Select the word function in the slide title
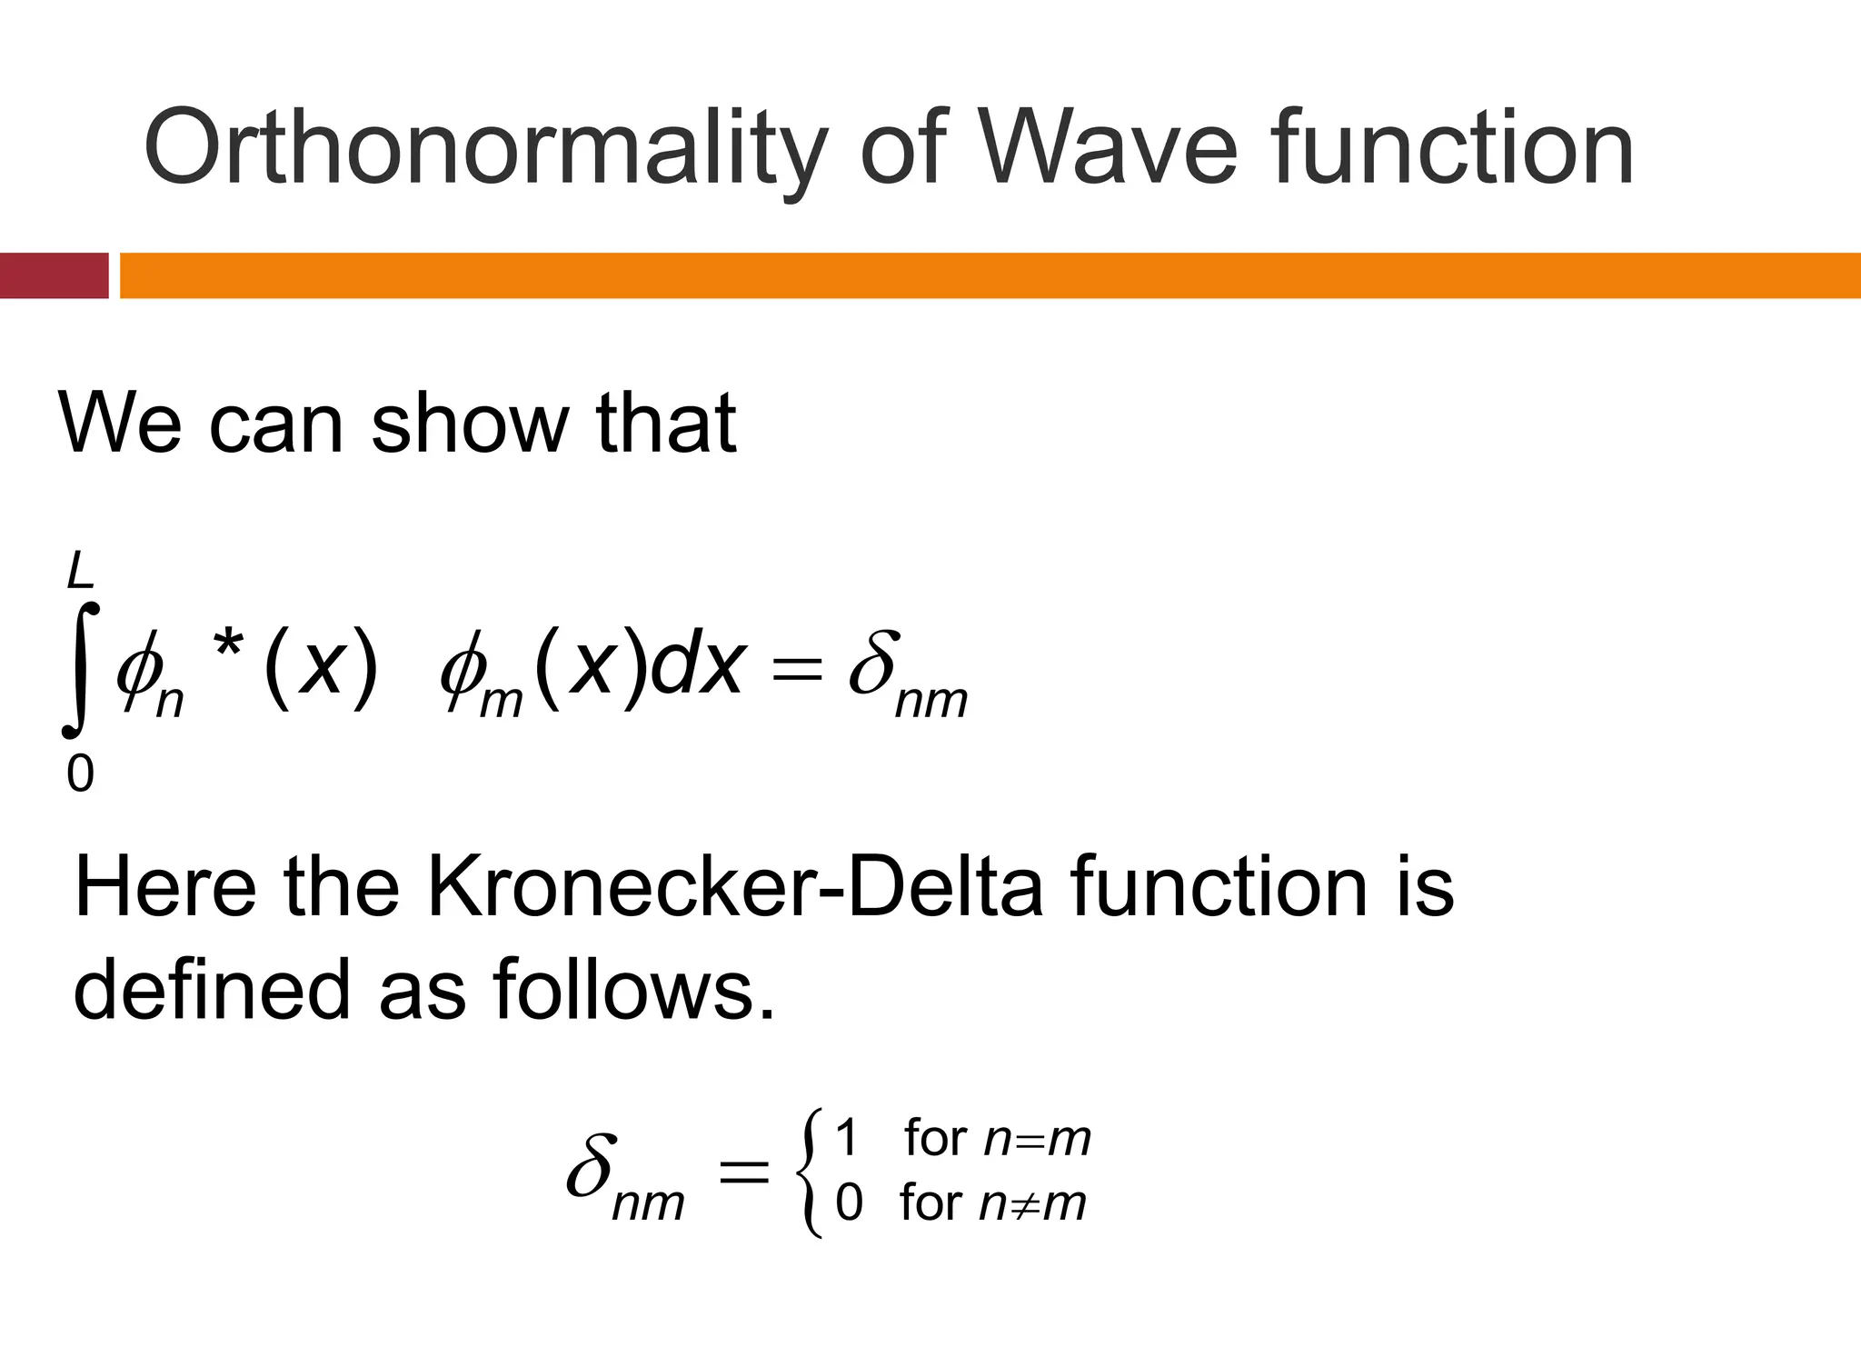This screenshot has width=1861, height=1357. pyautogui.click(x=1451, y=148)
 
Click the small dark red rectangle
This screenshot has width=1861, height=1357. pyautogui.click(x=54, y=275)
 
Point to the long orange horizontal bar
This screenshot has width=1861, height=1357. pyautogui.click(x=990, y=275)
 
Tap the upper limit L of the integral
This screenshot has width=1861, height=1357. pyautogui.click(x=81, y=573)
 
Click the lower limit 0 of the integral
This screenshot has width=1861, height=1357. pyautogui.click(x=80, y=774)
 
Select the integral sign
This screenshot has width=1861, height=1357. pyautogui.click(x=80, y=670)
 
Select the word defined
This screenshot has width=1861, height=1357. pyautogui.click(x=211, y=989)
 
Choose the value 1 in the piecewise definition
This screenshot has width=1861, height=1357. pyautogui.click(x=846, y=1138)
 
